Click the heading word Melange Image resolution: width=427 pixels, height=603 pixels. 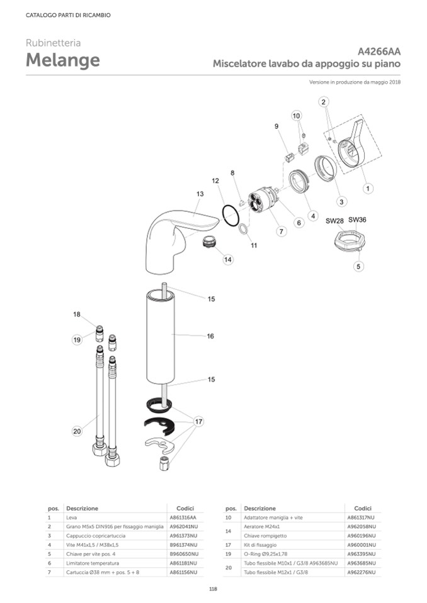point(63,60)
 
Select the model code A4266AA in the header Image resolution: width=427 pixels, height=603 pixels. point(379,52)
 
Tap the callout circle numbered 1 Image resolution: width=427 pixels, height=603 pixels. point(368,189)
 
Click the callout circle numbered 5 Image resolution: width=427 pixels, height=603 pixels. point(358,266)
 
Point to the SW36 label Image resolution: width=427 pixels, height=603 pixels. point(357,219)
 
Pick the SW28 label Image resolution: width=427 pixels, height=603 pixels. point(334,221)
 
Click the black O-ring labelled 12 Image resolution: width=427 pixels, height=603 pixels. point(231,216)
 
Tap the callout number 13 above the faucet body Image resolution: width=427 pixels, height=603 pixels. point(200,194)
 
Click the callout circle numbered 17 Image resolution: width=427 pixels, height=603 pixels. point(198,421)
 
